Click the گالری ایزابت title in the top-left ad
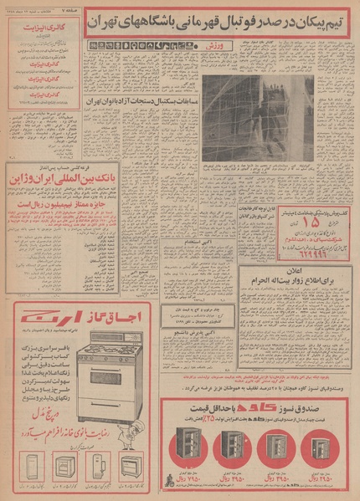45,28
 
